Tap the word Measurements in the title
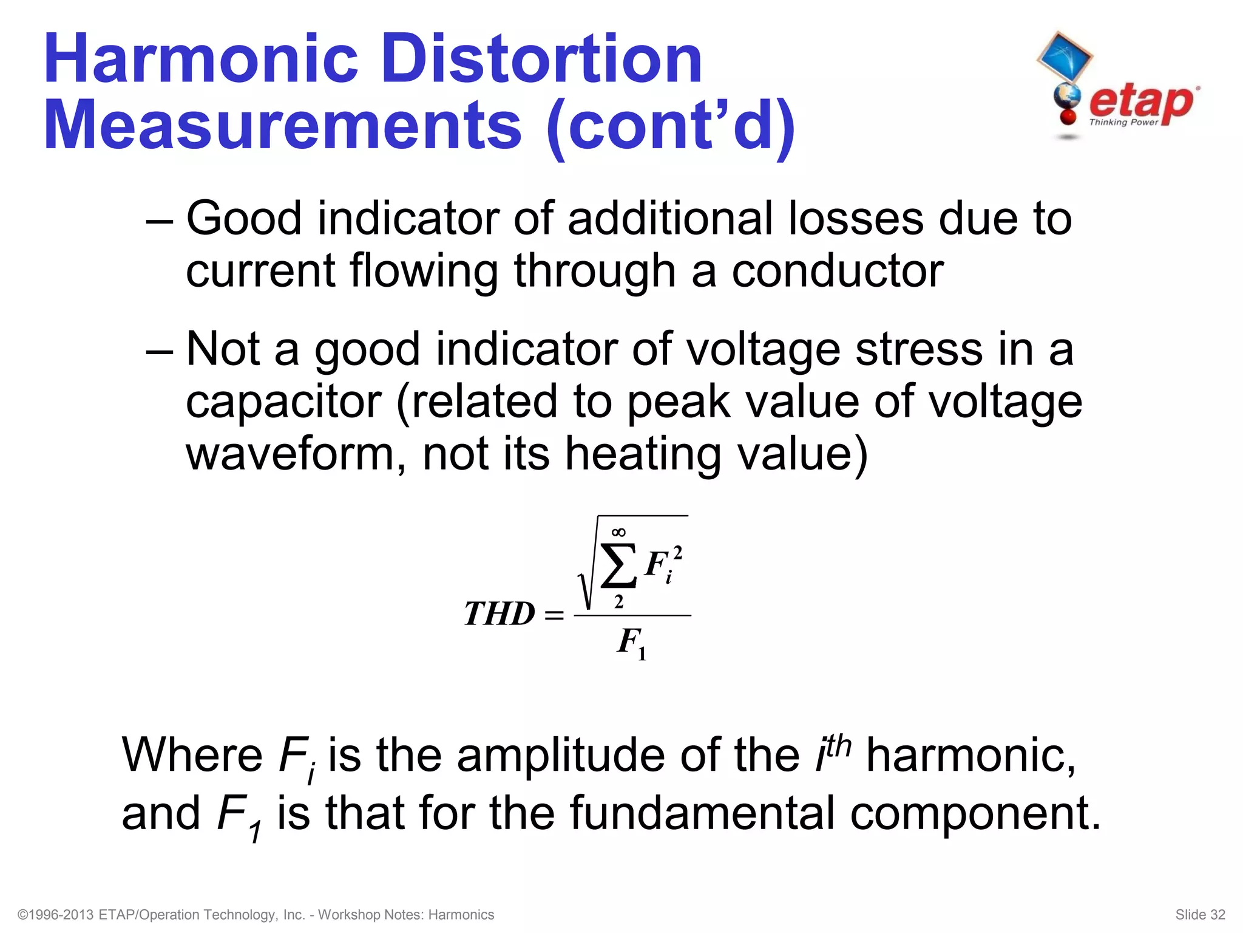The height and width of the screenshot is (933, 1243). [283, 126]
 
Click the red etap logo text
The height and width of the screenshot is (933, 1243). [1141, 102]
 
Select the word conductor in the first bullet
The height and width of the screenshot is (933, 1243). [838, 271]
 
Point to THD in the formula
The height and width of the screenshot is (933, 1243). [499, 614]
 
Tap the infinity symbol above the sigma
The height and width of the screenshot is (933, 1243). [618, 533]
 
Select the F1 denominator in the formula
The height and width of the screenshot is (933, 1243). [632, 643]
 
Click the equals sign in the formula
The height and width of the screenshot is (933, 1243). [554, 615]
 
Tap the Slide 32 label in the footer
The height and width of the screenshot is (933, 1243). [1200, 915]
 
